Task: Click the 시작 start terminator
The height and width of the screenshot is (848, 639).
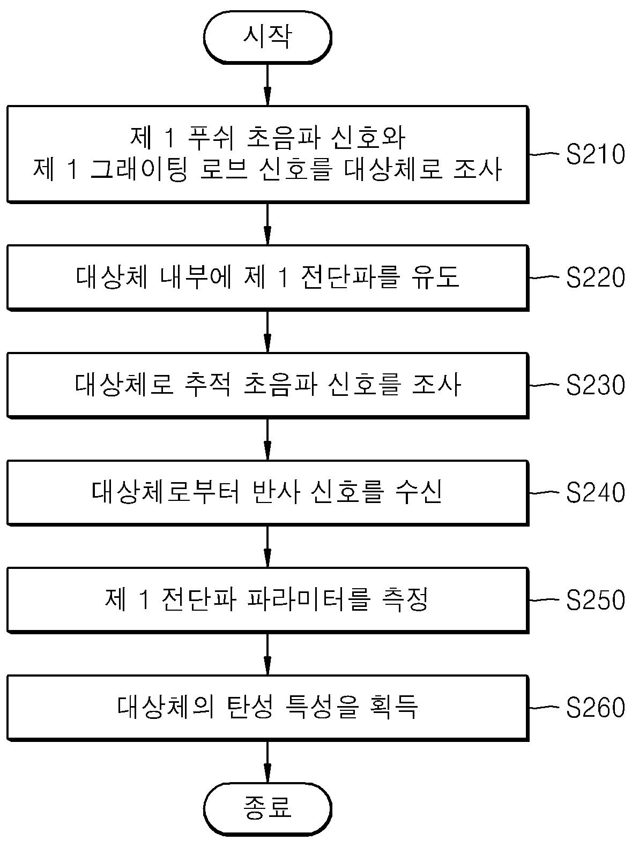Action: (x=267, y=37)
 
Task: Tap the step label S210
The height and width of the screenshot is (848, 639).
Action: (x=595, y=154)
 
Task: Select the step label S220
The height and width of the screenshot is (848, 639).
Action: (x=595, y=277)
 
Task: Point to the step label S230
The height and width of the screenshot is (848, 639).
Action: (x=595, y=385)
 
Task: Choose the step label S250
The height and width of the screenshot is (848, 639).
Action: (x=595, y=599)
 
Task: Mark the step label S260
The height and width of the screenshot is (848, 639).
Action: (x=595, y=707)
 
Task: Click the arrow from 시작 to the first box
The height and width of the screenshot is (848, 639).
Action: (x=267, y=84)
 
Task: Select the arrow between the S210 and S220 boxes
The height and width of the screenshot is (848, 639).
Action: (x=267, y=223)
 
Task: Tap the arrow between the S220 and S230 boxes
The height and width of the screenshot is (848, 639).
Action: (x=267, y=331)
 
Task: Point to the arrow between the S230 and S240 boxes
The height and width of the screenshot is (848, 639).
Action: (x=267, y=439)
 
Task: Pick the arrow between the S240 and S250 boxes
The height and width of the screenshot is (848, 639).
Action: (x=267, y=546)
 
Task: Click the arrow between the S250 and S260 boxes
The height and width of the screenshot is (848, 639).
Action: (x=267, y=654)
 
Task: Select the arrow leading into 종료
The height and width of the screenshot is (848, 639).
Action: (x=267, y=761)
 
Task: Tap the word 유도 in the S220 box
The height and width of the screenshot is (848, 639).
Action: (x=435, y=277)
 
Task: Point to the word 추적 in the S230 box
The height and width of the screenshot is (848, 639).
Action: (x=207, y=385)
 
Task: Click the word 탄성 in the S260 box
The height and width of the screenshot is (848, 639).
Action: (x=250, y=707)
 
